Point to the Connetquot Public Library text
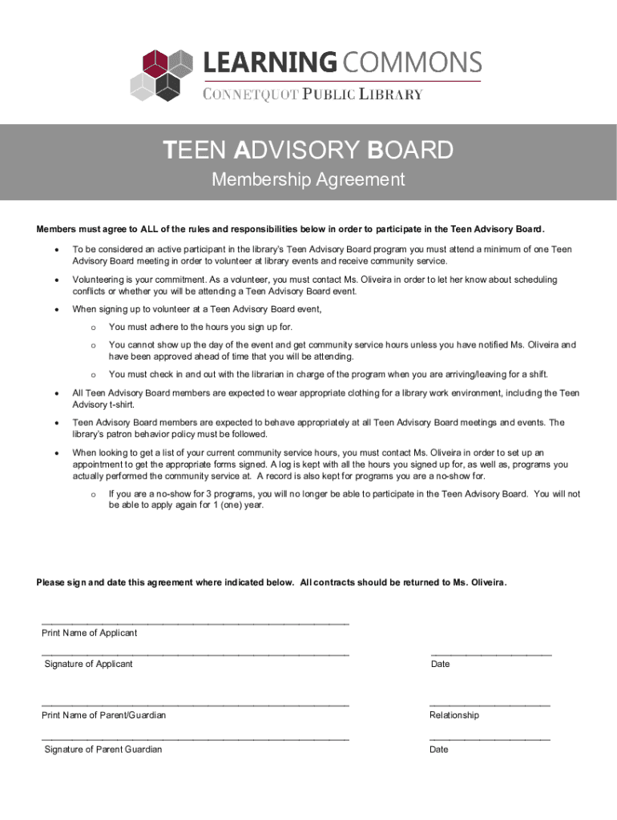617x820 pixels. tap(313, 94)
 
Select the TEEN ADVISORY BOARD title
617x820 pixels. tap(308, 150)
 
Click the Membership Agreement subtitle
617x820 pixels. tap(308, 179)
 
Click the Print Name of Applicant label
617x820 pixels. tap(89, 633)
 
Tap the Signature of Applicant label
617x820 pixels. tap(88, 664)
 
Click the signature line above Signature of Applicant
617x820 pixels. tap(195, 655)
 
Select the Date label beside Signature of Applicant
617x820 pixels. tap(440, 664)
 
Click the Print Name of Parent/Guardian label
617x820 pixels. tap(103, 715)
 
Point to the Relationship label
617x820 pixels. tap(454, 715)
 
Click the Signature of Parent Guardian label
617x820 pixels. tap(103, 750)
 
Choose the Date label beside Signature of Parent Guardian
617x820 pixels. tap(438, 750)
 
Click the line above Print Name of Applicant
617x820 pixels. tap(195, 623)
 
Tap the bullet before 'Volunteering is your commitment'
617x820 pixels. tap(55, 280)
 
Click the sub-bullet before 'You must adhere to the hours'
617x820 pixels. tap(93, 328)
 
